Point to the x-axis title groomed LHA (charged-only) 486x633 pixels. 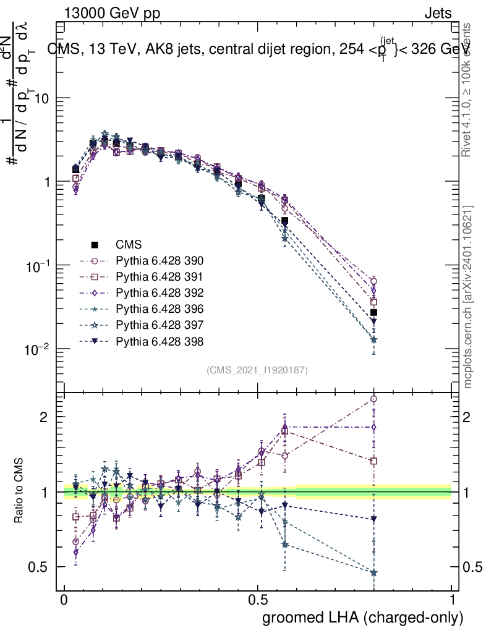(x=364, y=618)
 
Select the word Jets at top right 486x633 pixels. (x=437, y=14)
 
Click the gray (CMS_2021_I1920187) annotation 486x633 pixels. (x=257, y=370)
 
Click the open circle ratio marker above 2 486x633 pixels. (x=373, y=399)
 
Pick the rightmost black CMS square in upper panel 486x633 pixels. (x=373, y=313)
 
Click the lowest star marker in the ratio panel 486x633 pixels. (x=373, y=573)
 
